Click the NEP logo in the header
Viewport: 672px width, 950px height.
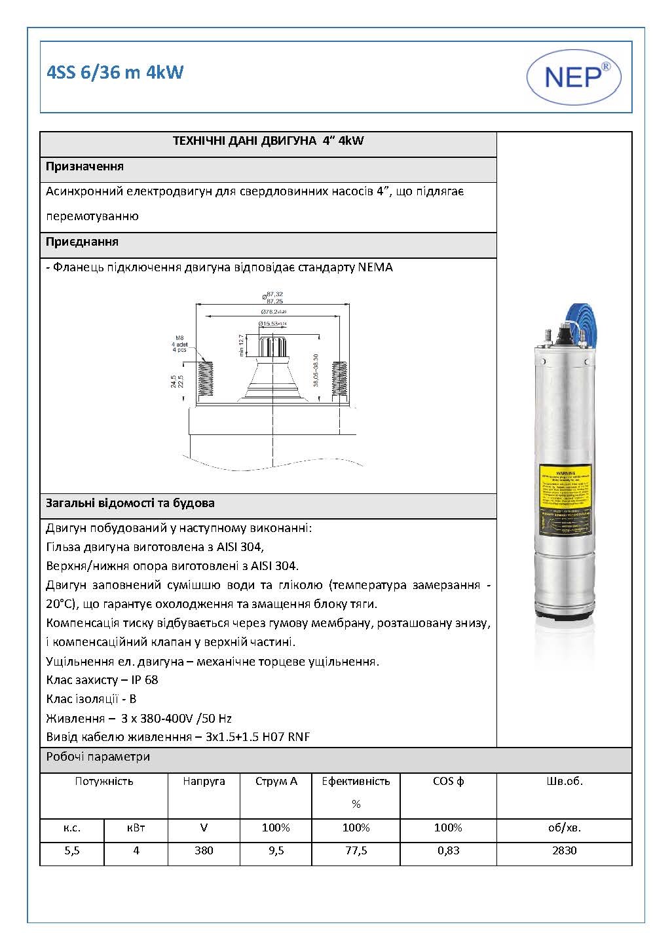[574, 77]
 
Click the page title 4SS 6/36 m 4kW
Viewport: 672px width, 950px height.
[115, 73]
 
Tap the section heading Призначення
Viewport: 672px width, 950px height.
[84, 166]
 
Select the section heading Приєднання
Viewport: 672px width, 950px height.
[82, 242]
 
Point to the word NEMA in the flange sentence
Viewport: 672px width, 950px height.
[375, 267]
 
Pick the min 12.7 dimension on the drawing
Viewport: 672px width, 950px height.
[241, 346]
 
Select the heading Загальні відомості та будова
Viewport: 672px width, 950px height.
[130, 503]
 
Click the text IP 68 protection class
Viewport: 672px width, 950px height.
[144, 680]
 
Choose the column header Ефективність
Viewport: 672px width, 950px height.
[356, 781]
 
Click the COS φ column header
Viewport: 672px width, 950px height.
[448, 781]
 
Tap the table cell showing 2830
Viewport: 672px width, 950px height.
[564, 850]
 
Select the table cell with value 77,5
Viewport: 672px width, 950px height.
[356, 850]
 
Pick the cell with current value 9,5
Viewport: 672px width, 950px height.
[276, 850]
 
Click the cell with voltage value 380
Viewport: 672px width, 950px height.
[204, 850]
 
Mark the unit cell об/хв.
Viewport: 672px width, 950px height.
[564, 827]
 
